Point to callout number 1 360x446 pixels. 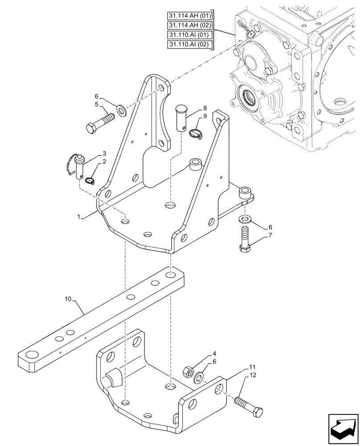(79, 217)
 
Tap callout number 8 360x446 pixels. (205, 108)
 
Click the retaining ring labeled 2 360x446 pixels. (90, 181)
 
